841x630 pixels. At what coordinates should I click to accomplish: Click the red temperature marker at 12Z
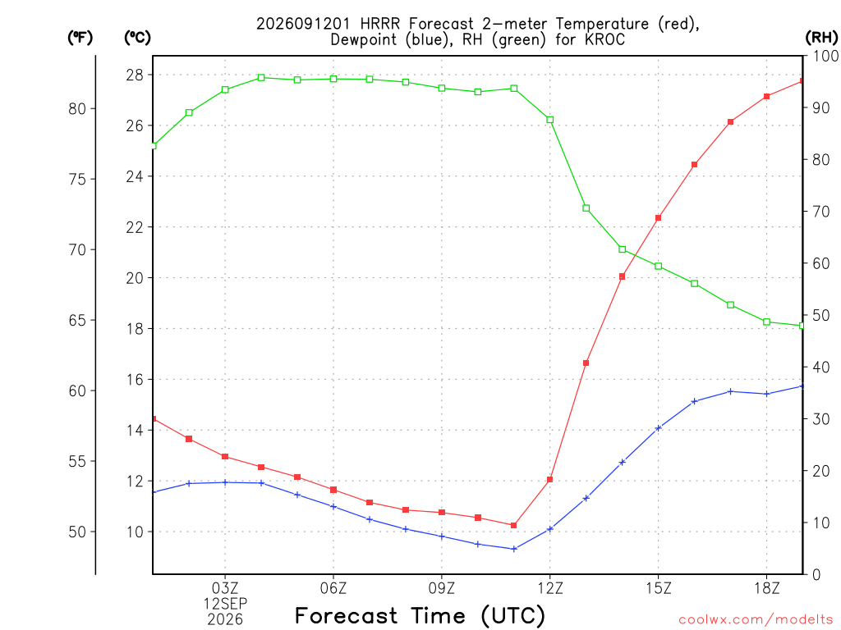pos(549,479)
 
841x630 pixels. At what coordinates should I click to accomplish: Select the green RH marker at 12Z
pos(549,120)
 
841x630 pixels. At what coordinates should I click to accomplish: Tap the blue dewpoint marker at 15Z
pos(659,428)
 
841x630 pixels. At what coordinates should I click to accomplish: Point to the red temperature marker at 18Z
pos(767,97)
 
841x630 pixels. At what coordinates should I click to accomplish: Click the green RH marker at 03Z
pos(225,89)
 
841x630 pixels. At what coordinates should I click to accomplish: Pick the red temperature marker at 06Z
pos(333,490)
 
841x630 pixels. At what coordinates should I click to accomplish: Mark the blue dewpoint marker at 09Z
pos(442,536)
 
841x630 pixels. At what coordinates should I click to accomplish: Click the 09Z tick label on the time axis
pos(441,588)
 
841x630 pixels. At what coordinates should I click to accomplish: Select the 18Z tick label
pos(767,588)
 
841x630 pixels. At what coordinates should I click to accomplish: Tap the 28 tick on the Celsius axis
pos(135,75)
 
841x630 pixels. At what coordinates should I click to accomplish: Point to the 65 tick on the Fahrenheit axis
pos(77,321)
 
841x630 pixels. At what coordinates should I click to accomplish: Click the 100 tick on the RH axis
pos(826,56)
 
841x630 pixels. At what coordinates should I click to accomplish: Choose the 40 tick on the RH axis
pos(821,367)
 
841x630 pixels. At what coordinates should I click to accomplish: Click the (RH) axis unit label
pos(821,38)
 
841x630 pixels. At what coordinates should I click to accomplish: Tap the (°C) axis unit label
pos(137,38)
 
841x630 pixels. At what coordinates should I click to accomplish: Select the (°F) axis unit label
pos(80,38)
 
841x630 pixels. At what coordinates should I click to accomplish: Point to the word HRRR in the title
pos(380,24)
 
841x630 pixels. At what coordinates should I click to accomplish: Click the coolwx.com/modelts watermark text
pos(756,619)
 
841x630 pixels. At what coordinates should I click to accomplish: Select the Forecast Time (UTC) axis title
pos(420,615)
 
